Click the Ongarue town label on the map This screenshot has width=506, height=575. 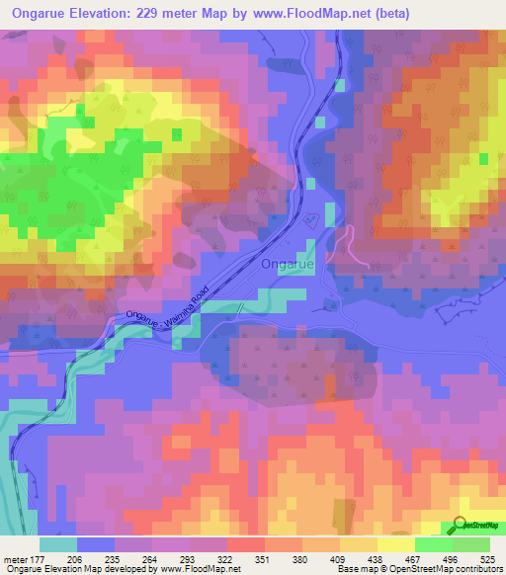coord(289,265)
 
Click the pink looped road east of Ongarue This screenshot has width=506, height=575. coord(351,246)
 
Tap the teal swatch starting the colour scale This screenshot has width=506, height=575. coord(58,544)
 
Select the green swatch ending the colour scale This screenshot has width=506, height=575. coord(471,544)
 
